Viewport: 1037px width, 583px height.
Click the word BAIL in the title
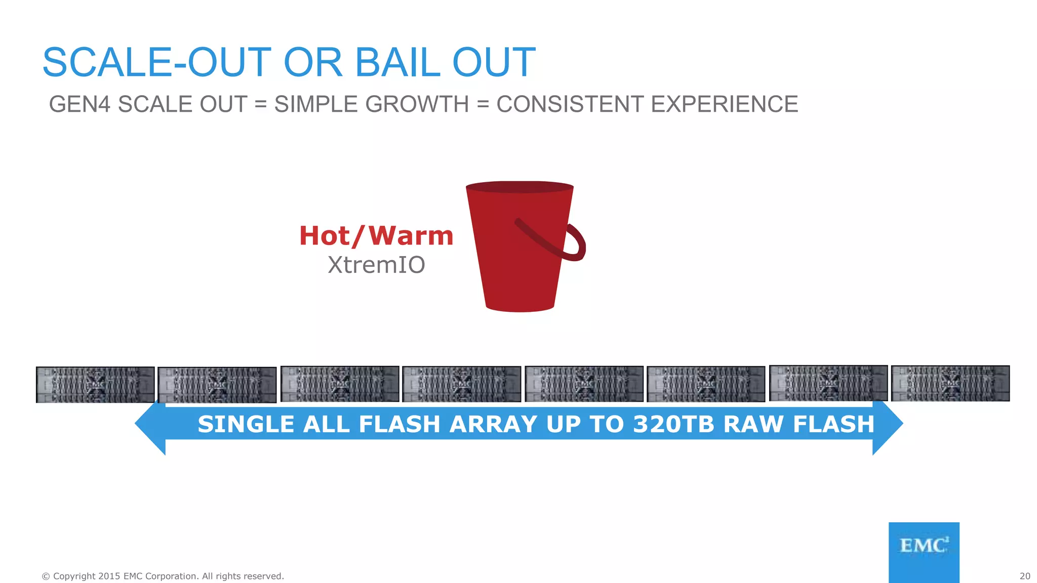tap(398, 62)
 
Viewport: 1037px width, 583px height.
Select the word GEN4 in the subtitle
tap(79, 104)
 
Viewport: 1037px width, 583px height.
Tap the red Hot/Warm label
tap(376, 236)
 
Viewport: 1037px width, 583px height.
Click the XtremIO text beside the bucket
tap(376, 265)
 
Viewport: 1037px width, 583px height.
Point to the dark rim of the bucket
tap(520, 187)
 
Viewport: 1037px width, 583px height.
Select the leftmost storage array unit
tap(95, 385)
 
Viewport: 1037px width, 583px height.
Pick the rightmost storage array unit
tap(950, 384)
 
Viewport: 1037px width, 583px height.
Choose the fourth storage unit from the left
tap(461, 384)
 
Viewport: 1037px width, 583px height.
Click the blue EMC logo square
tap(924, 552)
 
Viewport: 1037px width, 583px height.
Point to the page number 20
tap(1025, 576)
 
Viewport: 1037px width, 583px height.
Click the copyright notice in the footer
tap(163, 576)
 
